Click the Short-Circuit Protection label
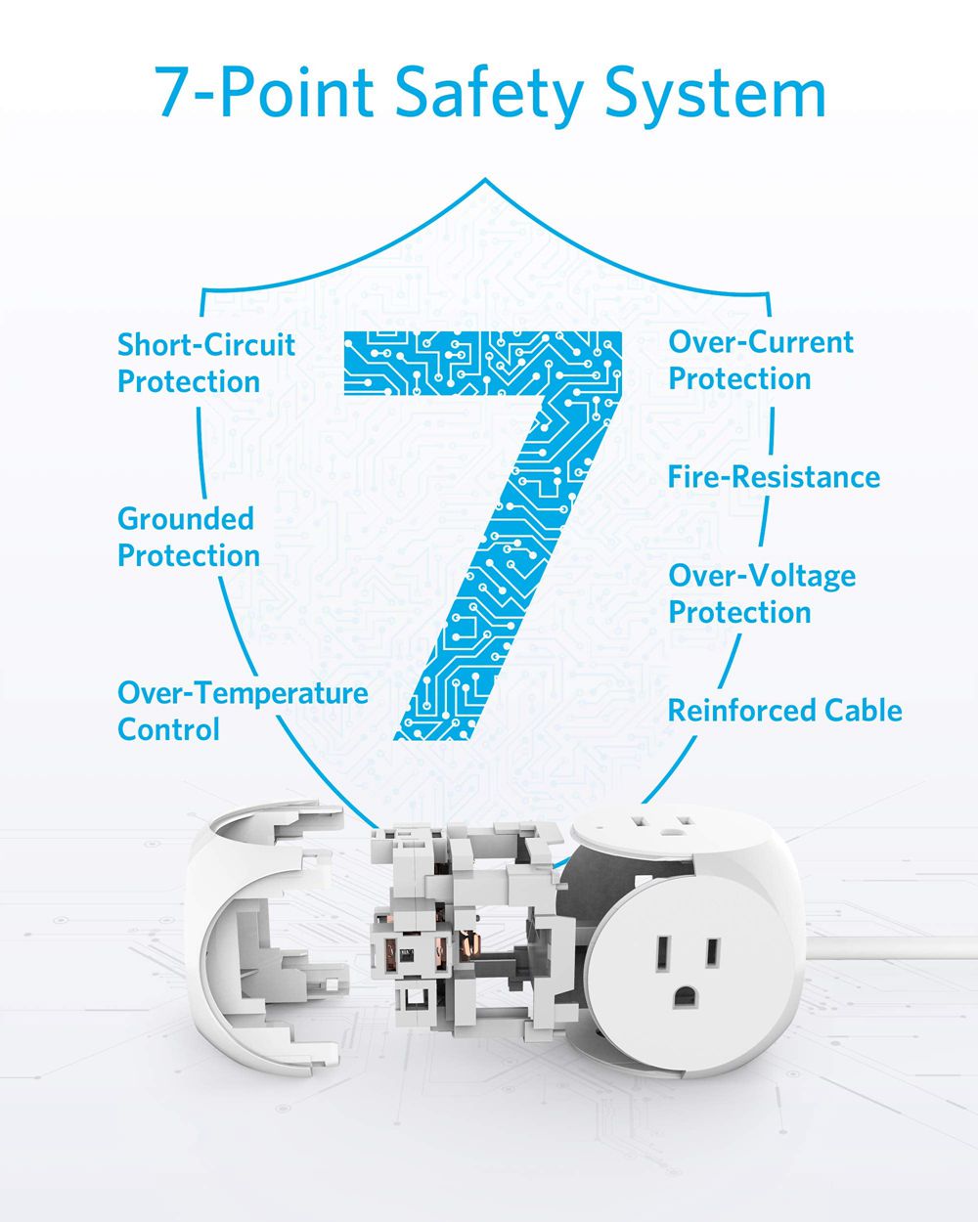coord(205,363)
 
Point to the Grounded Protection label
coord(188,537)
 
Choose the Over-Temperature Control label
coord(242,711)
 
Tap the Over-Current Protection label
coord(760,361)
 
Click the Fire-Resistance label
coord(774,477)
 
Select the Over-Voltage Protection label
coord(761,594)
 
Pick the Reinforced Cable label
coord(784,711)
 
